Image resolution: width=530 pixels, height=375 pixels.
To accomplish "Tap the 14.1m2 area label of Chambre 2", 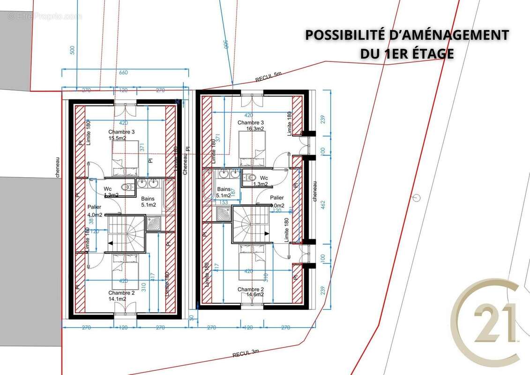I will [118, 299].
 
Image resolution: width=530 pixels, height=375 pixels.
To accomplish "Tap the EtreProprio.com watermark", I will [45, 16].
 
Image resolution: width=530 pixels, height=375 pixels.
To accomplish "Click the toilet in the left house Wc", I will [126, 187].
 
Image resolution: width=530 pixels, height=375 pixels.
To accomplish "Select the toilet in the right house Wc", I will [251, 178].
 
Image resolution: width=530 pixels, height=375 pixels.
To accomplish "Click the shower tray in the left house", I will [154, 223].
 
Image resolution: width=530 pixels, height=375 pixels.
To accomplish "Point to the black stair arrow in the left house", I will [112, 243].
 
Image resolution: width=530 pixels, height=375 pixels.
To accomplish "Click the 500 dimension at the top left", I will [72, 50].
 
